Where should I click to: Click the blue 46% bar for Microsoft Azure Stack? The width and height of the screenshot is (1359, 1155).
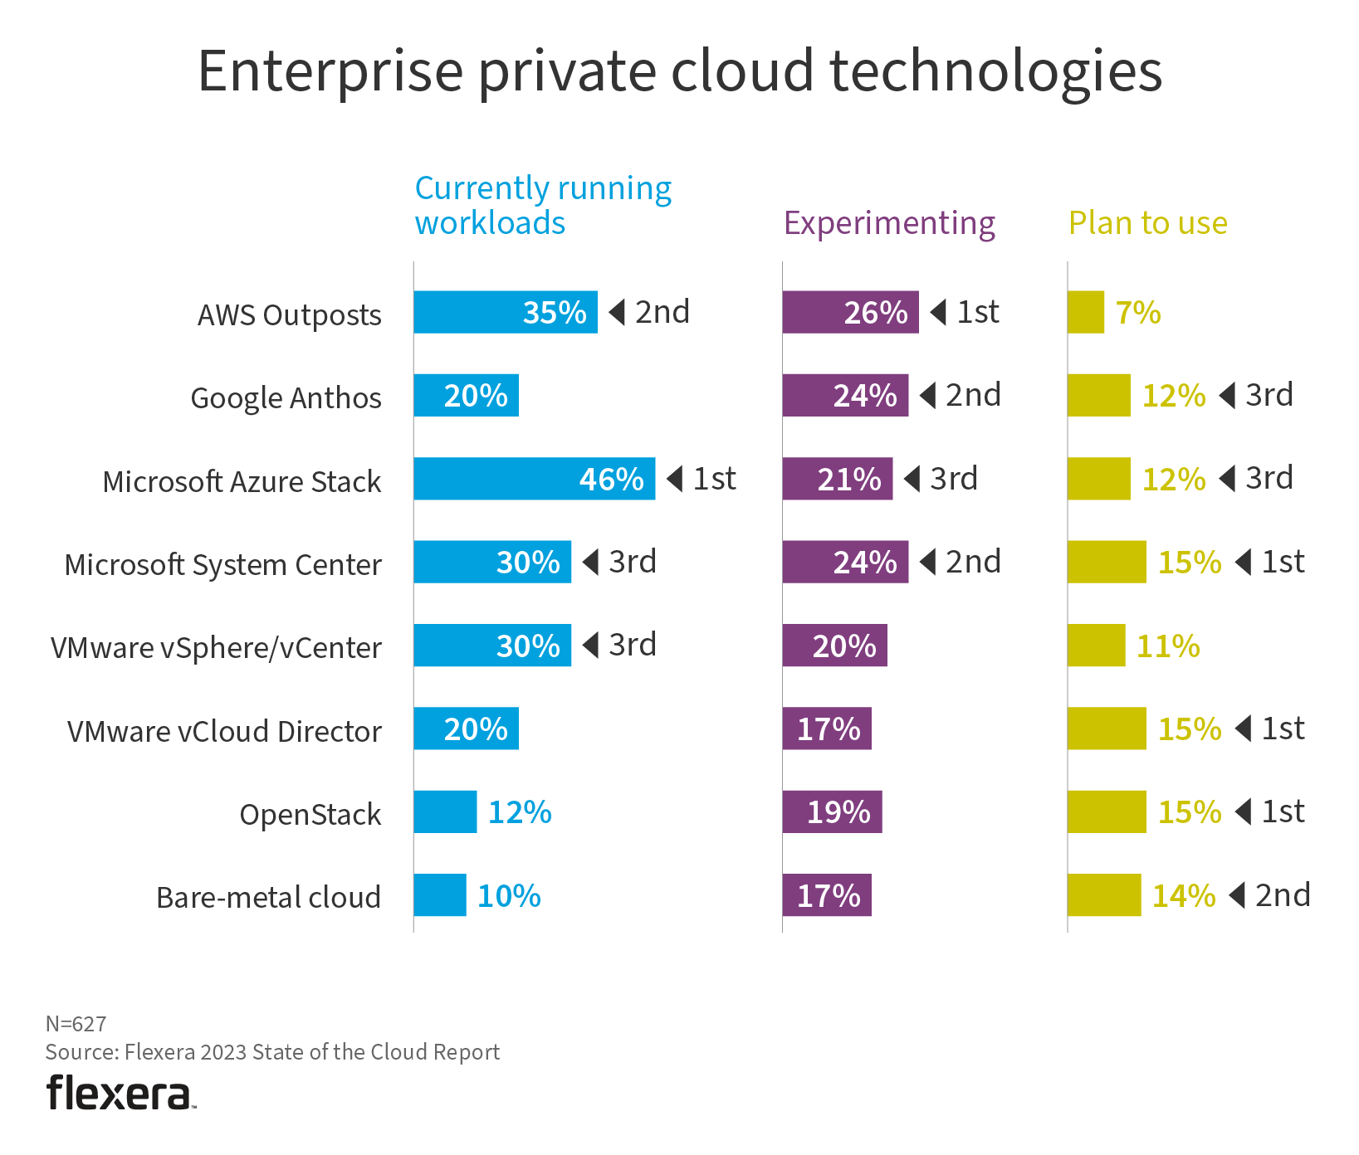(534, 479)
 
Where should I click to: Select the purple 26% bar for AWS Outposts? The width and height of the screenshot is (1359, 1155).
(850, 312)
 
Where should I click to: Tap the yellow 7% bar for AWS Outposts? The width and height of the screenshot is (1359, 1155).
(1086, 312)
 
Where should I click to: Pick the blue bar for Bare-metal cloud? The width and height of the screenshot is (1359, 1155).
(440, 895)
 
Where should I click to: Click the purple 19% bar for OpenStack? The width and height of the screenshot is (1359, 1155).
(832, 811)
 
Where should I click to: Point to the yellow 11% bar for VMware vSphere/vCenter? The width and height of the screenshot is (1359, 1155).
(1096, 646)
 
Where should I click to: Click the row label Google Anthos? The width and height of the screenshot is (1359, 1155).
(286, 398)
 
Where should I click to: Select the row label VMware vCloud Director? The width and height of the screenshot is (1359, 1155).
(224, 731)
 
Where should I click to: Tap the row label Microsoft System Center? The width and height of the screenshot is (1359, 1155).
(222, 565)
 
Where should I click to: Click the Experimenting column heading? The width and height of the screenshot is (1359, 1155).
(889, 223)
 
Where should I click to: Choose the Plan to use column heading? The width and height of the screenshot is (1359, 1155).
(1147, 223)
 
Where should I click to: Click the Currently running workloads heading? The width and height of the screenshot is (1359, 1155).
(543, 206)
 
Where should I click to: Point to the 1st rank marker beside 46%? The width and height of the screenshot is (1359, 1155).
(702, 479)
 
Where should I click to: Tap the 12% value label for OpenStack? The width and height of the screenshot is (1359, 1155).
(520, 812)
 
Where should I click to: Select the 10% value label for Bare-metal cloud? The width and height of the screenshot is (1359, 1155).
(509, 896)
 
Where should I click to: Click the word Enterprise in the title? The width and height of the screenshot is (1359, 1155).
(330, 71)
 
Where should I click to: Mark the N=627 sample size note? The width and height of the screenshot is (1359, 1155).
(76, 1024)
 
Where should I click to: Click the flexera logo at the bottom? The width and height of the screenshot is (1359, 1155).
(121, 1093)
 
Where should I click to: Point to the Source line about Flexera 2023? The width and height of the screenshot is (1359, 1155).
(272, 1052)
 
